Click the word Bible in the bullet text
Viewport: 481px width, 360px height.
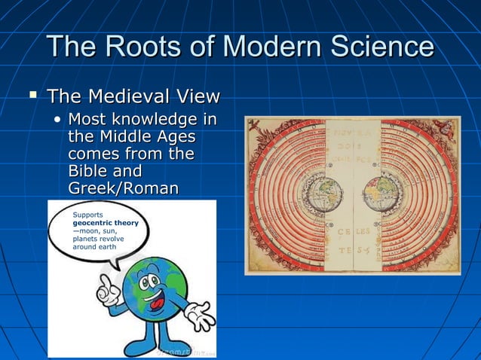click(87, 171)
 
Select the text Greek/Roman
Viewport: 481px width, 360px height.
click(123, 188)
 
